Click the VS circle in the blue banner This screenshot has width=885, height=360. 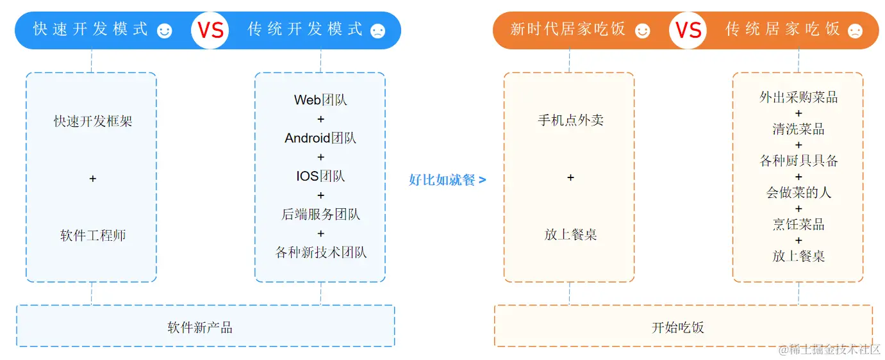tap(210, 30)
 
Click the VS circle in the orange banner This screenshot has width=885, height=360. tap(688, 30)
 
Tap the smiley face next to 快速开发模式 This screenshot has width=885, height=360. tap(165, 31)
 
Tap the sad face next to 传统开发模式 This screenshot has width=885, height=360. tap(378, 31)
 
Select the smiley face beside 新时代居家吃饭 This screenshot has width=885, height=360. tap(642, 31)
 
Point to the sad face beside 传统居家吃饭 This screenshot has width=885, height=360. tap(855, 31)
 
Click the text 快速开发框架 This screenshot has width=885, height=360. tap(93, 121)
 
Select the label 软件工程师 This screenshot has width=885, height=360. tap(93, 235)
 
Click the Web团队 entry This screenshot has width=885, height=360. tap(320, 100)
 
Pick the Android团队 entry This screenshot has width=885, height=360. tap(320, 138)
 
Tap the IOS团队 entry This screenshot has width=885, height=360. tap(320, 176)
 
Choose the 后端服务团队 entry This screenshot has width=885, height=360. tap(320, 214)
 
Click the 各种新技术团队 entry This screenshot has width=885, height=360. tap(320, 252)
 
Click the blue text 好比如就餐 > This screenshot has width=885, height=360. tap(447, 180)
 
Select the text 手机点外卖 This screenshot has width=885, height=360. tap(570, 120)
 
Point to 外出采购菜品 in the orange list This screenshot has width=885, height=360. tap(798, 97)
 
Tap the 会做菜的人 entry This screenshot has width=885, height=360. tap(798, 192)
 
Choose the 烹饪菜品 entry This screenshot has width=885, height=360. tap(798, 224)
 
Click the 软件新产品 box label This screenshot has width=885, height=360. tap(200, 328)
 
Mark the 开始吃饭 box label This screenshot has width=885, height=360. tap(678, 328)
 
